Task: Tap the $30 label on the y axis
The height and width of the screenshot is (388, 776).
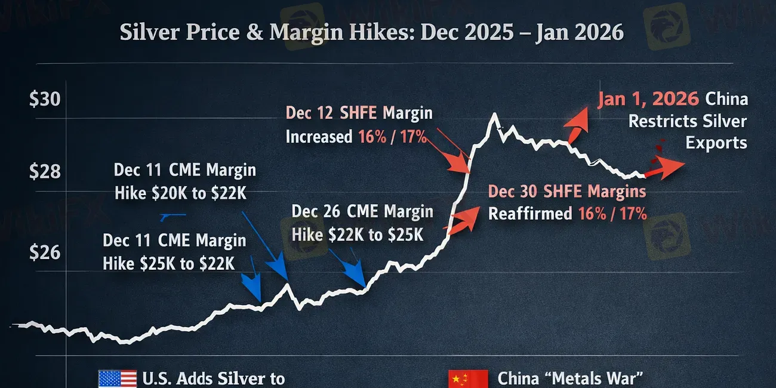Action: coord(45,98)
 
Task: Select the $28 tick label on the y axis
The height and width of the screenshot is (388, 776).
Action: coord(45,172)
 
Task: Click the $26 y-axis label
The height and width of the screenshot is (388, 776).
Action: coord(45,252)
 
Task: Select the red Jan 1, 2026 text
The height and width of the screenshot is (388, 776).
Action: coord(648,99)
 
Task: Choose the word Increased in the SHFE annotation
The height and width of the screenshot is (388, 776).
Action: coord(319,137)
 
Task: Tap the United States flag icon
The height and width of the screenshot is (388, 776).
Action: coord(117,378)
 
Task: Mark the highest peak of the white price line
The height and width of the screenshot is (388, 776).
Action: coord(494,115)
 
